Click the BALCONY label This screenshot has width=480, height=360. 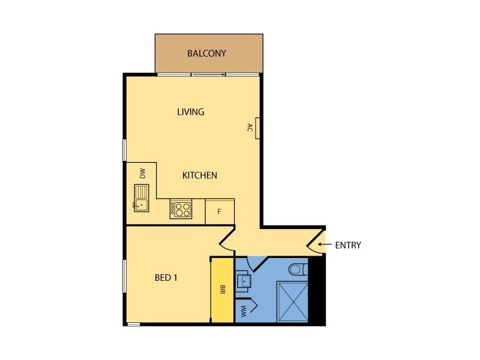pyautogui.click(x=207, y=53)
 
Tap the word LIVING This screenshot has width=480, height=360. pyautogui.click(x=191, y=112)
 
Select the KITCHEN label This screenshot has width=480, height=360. pyautogui.click(x=200, y=175)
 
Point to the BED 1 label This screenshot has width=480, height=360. pyautogui.click(x=166, y=278)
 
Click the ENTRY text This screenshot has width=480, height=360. pyautogui.click(x=348, y=245)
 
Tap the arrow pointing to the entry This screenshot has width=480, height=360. pyautogui.click(x=325, y=245)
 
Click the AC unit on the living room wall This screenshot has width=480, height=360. pyautogui.click(x=257, y=127)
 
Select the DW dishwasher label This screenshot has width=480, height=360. pyautogui.click(x=143, y=174)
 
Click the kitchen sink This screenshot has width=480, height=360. pyautogui.click(x=142, y=199)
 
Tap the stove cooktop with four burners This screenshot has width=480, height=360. pyautogui.click(x=181, y=209)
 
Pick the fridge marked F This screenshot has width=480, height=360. pyautogui.click(x=220, y=212)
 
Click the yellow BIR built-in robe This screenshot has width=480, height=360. pyautogui.click(x=221, y=290)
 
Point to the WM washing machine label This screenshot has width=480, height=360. pyautogui.click(x=244, y=310)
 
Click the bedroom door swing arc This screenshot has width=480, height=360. pyautogui.click(x=227, y=240)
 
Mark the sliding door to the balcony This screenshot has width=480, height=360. pyautogui.click(x=208, y=74)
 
